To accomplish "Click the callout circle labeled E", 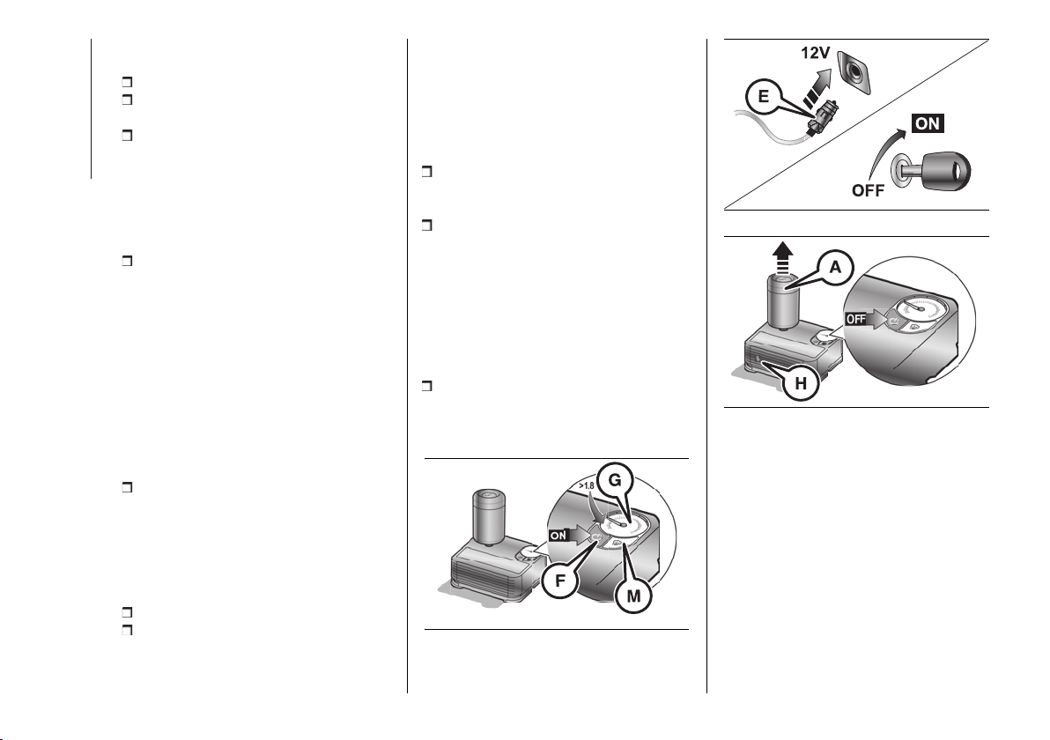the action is [764, 98].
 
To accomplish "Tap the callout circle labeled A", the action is [835, 267].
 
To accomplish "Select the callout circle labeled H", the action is [800, 384].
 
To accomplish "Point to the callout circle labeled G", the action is [615, 479].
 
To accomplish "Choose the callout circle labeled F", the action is [560, 581].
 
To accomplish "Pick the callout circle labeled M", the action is [632, 596].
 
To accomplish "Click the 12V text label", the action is [815, 53].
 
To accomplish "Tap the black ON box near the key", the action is [928, 123].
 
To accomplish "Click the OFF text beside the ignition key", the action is [868, 190].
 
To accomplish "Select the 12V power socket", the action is [853, 72].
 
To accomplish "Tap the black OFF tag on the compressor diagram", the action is [856, 319].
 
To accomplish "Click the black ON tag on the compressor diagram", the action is [558, 536].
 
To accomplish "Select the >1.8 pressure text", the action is [587, 485].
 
